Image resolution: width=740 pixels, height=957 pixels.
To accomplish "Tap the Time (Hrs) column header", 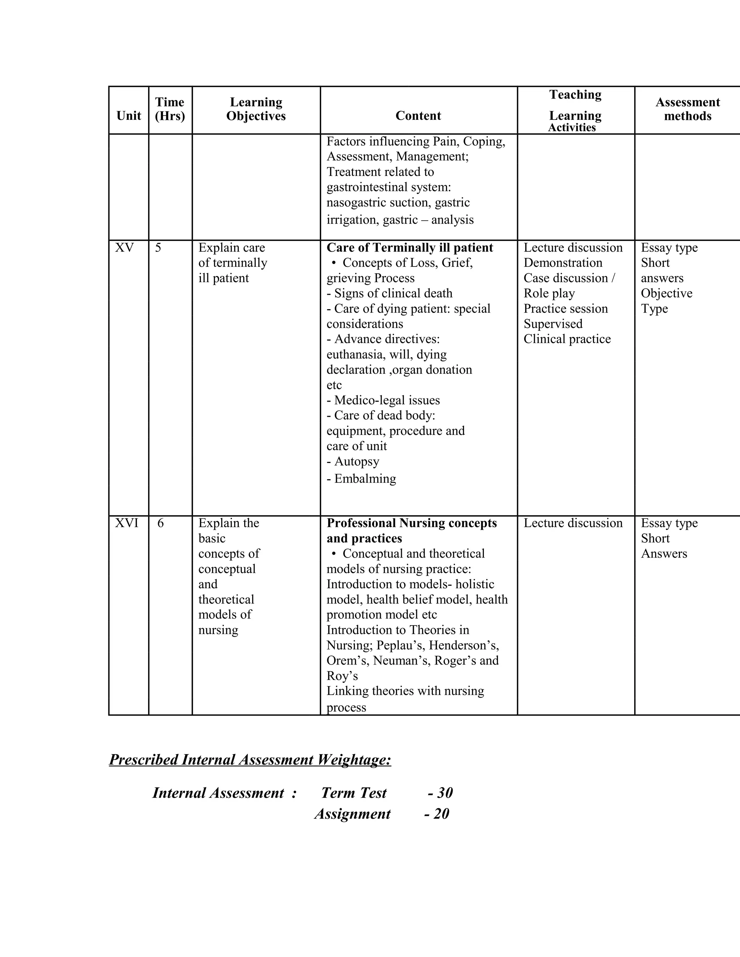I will pos(170,109).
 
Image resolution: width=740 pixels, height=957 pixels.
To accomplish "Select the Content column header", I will pos(418,116).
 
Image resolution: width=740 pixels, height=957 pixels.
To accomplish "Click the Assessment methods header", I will pos(687,109).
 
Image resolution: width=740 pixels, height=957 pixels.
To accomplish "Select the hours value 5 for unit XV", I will pos(158,248).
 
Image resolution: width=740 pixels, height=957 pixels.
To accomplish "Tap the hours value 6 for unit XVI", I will pos(160,523).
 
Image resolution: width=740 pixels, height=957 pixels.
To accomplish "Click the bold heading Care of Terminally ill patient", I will pos(409,248).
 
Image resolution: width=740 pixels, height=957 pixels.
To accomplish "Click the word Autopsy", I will pos(356,462).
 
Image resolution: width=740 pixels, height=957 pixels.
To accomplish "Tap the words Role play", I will pos(549,293).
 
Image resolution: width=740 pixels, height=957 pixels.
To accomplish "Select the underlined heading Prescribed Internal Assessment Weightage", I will pos(250,759).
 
